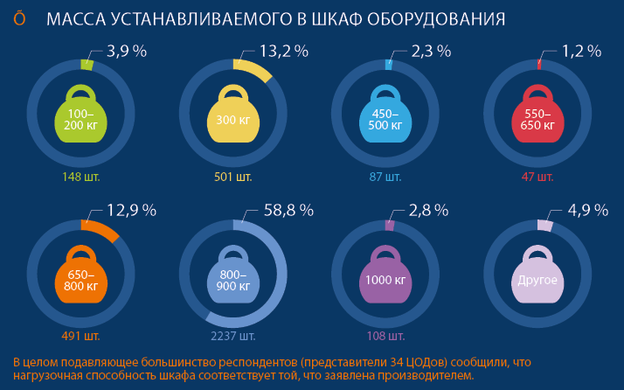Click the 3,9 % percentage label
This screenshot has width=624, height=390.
127,51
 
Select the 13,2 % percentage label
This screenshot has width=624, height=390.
284,51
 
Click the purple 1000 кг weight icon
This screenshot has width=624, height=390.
385,275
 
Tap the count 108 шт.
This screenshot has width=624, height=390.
385,336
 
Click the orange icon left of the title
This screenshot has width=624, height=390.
19,18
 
